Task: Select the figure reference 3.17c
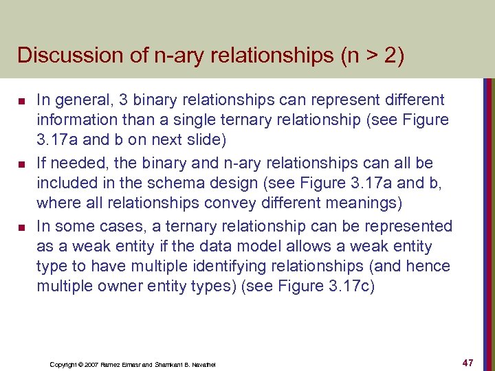351,286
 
